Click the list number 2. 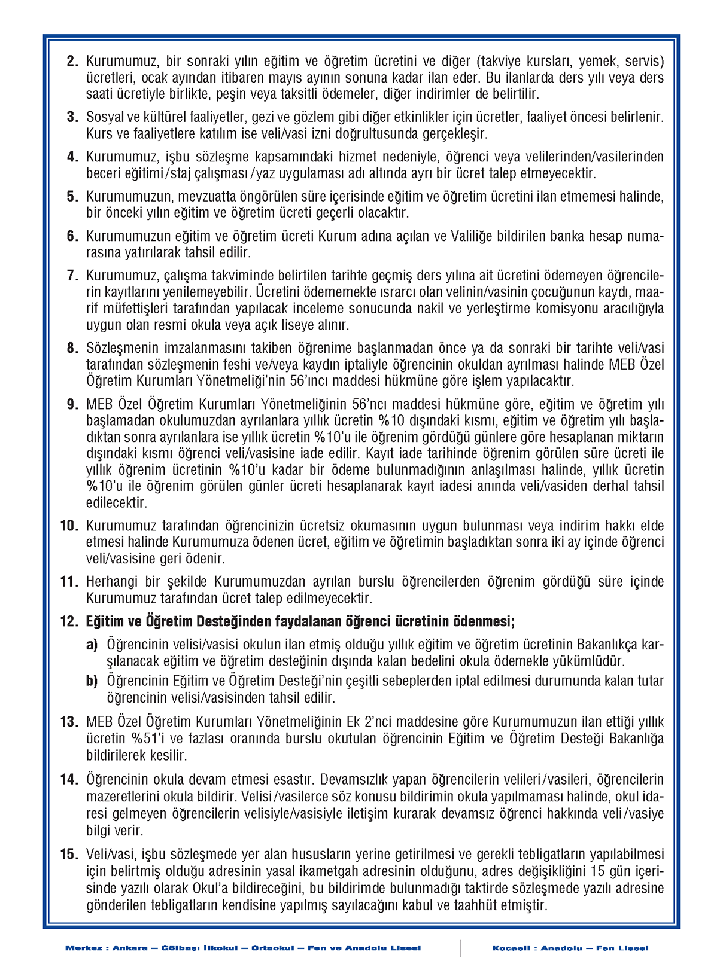(72, 61)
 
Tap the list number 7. (72, 276)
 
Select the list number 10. (69, 526)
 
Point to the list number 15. (69, 855)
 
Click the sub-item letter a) (92, 645)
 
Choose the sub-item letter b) (92, 681)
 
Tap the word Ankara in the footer (130, 948)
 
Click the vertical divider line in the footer (461, 948)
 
